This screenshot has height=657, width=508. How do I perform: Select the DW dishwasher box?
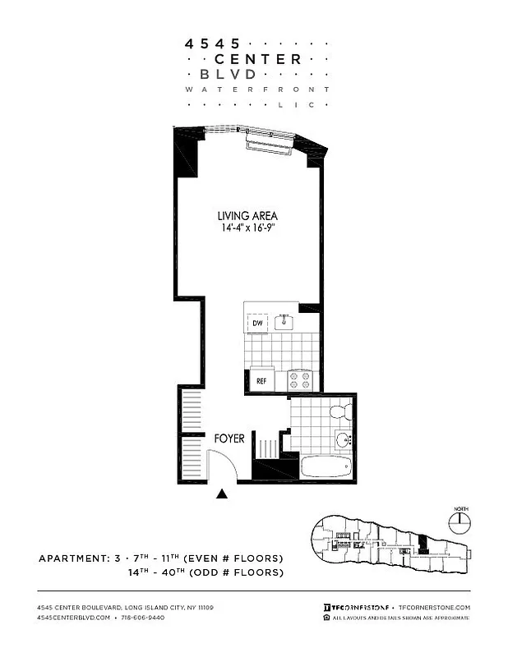click(257, 322)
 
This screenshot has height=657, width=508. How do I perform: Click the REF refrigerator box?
click(261, 381)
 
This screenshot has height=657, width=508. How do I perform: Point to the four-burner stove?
click(300, 379)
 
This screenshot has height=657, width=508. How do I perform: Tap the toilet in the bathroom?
click(338, 411)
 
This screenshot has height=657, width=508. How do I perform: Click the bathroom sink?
click(344, 440)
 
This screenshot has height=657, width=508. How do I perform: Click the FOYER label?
click(229, 439)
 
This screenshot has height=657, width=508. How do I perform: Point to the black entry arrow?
click(221, 494)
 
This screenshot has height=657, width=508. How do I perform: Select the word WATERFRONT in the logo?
click(258, 89)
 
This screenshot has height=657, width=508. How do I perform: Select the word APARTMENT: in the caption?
click(72, 558)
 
